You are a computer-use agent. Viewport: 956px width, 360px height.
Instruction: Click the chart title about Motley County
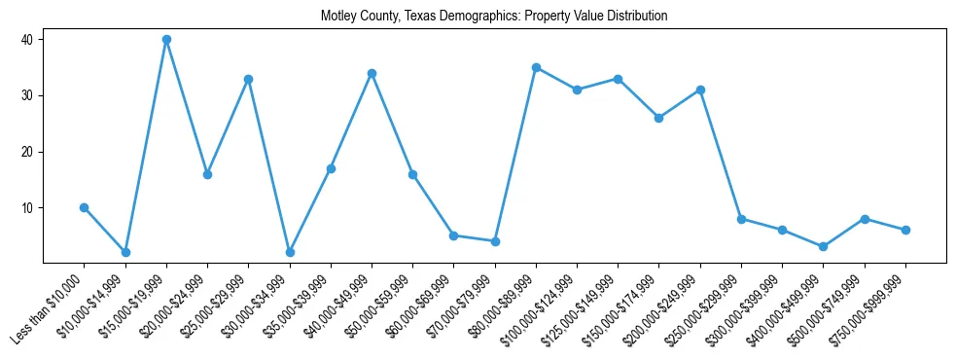point(494,17)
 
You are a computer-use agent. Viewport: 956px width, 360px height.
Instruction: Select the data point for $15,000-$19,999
point(166,40)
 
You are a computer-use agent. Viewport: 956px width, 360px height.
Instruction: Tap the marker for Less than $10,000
point(85,207)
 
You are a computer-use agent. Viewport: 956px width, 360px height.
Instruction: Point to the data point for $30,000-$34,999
point(290,252)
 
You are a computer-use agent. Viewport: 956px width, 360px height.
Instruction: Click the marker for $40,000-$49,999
point(372,73)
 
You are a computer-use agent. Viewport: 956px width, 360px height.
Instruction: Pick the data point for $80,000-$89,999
point(536,67)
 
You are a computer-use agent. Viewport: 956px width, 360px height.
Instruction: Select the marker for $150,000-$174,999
point(659,118)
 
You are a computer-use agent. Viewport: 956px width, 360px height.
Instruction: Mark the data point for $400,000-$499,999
point(824,246)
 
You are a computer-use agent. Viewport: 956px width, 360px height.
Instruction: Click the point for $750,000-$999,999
point(905,230)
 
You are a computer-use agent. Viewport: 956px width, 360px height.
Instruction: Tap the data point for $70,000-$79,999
point(495,241)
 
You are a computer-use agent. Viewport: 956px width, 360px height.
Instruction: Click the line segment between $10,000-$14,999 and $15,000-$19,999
point(146,146)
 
